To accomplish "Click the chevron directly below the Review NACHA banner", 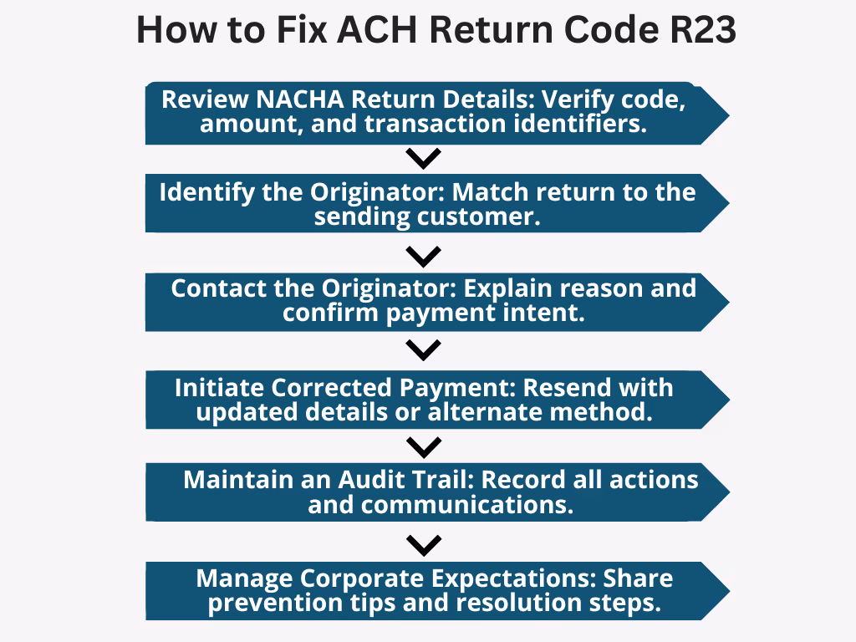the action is pos(423,157).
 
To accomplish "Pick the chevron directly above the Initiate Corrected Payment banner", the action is pos(423,349).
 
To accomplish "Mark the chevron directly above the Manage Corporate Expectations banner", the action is pos(423,545).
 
